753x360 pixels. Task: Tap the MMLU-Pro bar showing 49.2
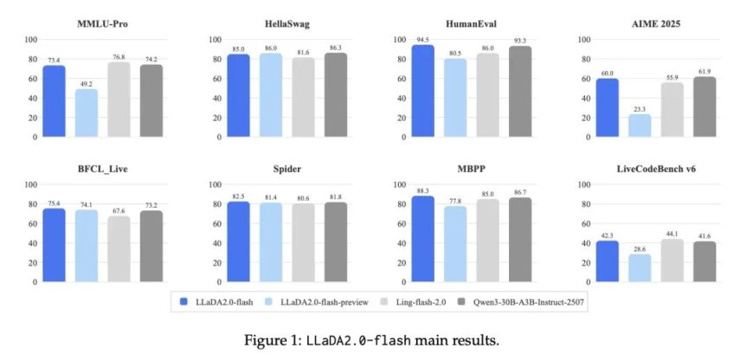[86, 112]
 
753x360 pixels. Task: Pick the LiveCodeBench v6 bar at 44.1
[673, 260]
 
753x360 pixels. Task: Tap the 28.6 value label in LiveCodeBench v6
[640, 248]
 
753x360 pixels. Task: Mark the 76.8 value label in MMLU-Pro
[119, 57]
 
